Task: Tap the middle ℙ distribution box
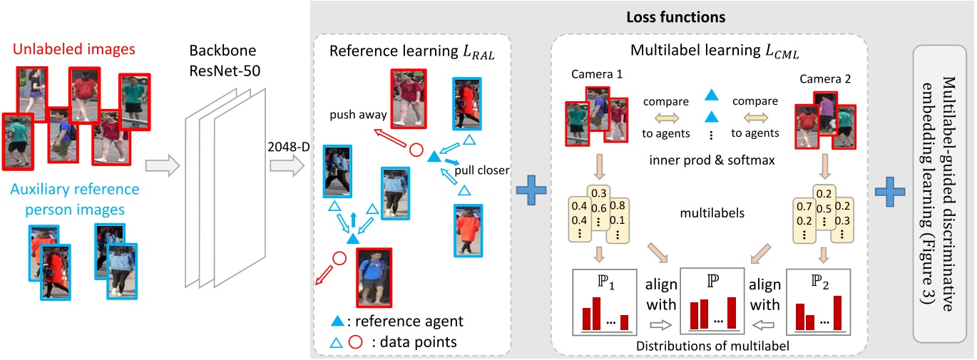point(712,301)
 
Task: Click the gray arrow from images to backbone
point(160,168)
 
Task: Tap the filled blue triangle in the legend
point(346,321)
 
